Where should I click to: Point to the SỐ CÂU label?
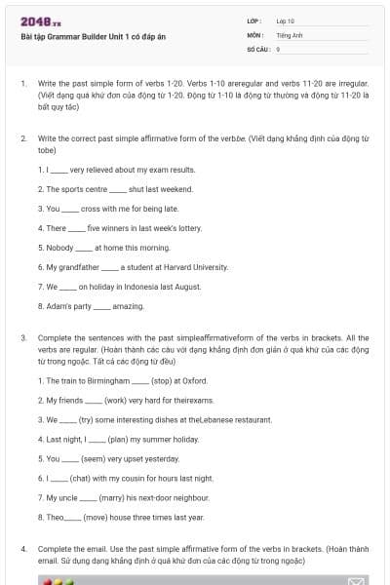(x=257, y=48)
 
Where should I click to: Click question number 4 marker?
(x=23, y=549)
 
